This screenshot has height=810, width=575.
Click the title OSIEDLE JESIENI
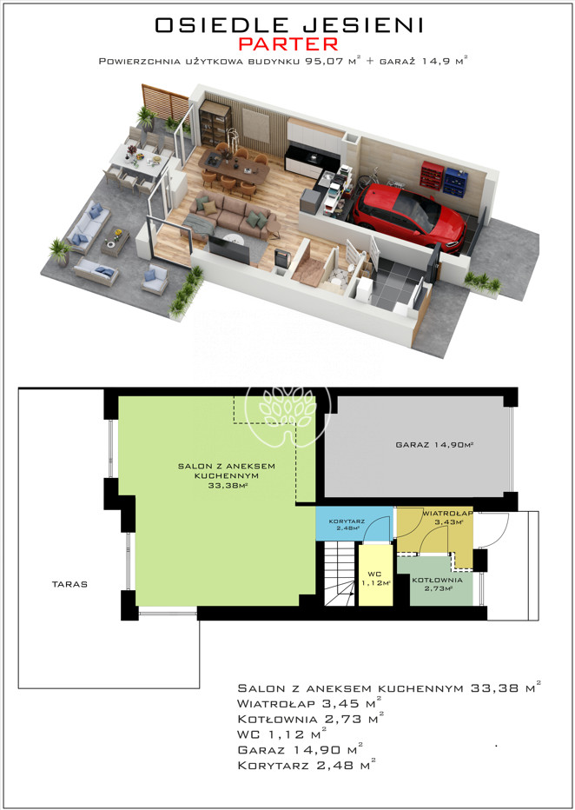pos(289,25)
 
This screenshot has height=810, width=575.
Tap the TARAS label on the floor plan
pos(69,584)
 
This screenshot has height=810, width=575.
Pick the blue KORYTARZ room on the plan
pos(354,523)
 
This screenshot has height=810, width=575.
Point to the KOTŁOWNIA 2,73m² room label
pos(436,583)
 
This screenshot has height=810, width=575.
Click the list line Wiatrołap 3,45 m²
pos(310,704)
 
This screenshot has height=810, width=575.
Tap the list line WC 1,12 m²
pos(281,734)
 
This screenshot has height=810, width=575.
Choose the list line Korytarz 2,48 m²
pos(306,765)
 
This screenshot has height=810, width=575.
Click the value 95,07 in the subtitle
pos(320,62)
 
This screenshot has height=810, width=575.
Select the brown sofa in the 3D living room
pos(228,215)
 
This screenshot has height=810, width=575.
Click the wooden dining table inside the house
pos(235,165)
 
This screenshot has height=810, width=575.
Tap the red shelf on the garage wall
pos(432,175)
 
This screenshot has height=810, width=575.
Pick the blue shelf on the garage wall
pos(455,182)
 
